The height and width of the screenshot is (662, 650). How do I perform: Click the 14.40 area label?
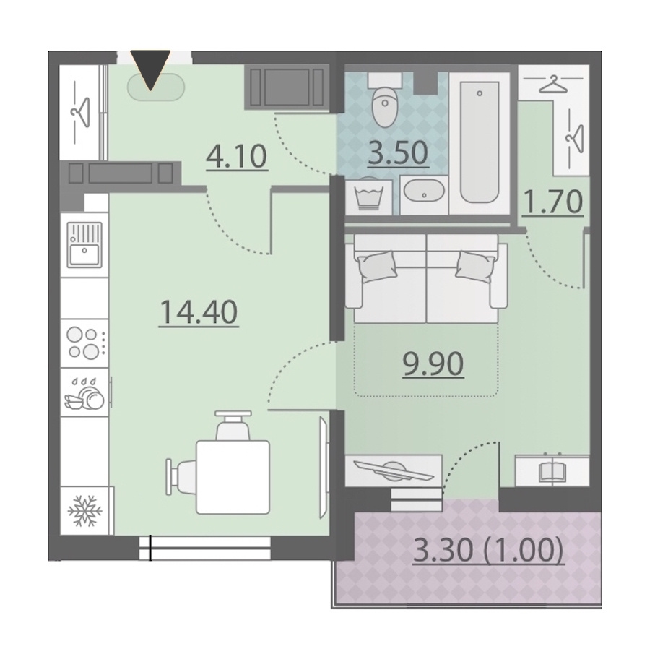[199, 312]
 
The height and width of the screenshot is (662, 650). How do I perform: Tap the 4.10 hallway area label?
[237, 156]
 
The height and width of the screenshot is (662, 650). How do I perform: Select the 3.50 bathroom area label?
[398, 152]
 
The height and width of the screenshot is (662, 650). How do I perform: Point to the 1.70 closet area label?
[552, 202]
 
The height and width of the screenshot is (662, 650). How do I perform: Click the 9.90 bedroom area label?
[433, 364]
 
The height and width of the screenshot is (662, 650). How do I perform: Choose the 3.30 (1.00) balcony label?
[488, 550]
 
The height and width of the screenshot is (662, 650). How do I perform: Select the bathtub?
[480, 142]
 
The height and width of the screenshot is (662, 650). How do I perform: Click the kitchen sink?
[84, 245]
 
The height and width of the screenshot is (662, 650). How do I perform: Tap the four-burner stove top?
[84, 343]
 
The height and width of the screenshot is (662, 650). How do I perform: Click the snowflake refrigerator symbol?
[84, 510]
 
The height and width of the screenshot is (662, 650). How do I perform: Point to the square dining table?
[233, 477]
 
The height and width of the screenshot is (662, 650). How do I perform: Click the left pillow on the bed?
[377, 267]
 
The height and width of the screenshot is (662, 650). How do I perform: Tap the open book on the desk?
[552, 472]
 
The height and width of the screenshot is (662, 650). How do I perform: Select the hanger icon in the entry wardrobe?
[82, 112]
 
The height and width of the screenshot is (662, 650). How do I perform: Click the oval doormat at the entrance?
[156, 87]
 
